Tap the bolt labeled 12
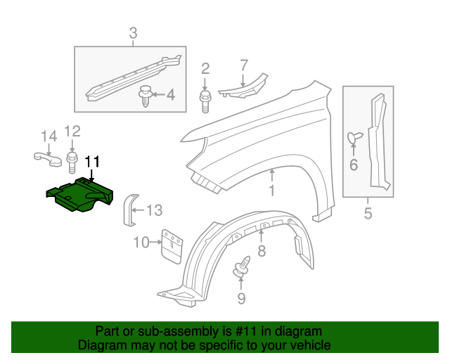tap(72, 162)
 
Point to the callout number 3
tap(133, 32)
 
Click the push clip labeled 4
tap(146, 95)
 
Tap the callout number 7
tap(244, 65)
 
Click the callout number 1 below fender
tap(271, 191)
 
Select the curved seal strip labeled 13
tap(129, 209)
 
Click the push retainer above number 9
tap(241, 268)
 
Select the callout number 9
tap(241, 299)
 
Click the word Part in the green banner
tap(107, 331)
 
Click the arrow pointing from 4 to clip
tap(159, 94)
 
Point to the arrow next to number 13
tap(138, 209)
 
